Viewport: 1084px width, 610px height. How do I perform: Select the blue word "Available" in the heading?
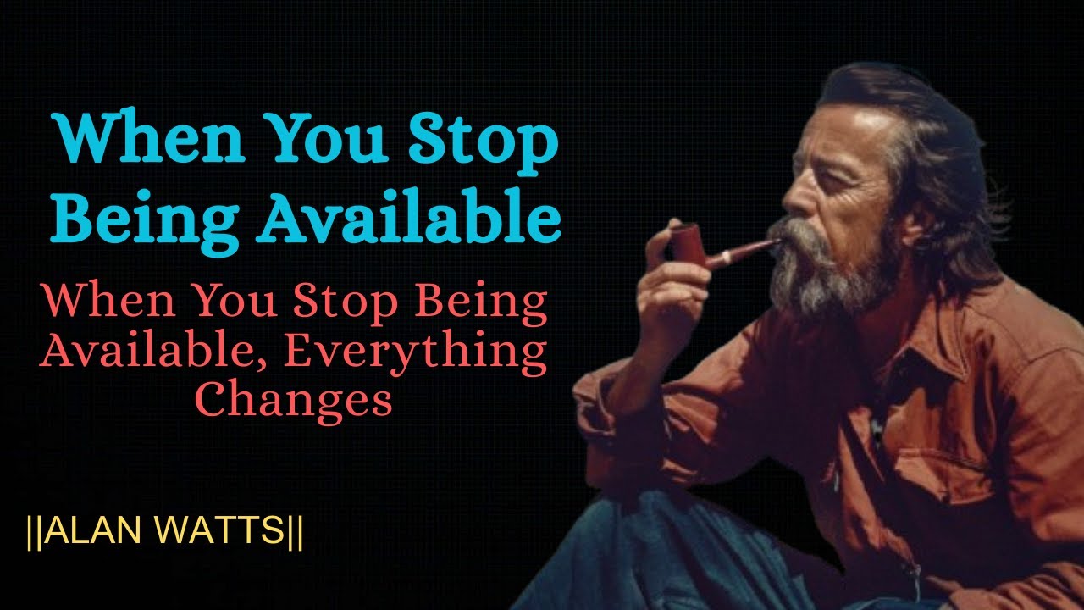click(409, 215)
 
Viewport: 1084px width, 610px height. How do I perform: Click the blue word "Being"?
click(145, 222)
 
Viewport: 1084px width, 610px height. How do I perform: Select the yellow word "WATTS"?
click(219, 530)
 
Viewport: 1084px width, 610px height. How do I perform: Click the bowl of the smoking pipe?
click(689, 245)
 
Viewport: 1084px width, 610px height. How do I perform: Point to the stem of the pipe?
click(743, 252)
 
